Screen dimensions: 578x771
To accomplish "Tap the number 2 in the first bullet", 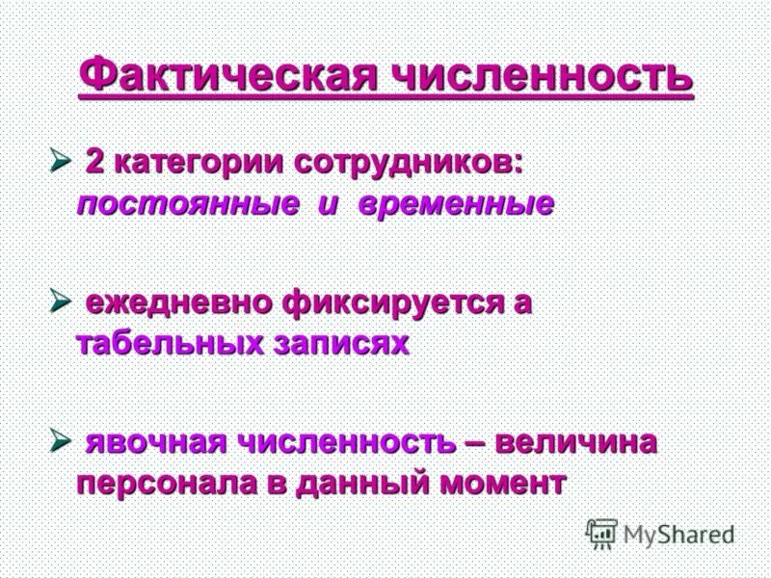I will [94, 162].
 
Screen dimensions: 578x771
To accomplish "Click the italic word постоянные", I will [191, 204].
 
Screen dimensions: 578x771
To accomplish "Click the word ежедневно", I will [180, 302].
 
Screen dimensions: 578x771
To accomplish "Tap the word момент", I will [504, 484].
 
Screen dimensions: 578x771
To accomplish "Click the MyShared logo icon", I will [602, 534].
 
